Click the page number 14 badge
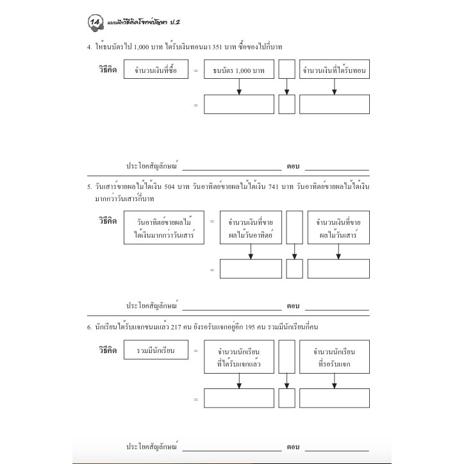coord(95,22)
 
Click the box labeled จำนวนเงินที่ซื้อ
coord(156,69)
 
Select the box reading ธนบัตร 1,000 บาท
coord(239,69)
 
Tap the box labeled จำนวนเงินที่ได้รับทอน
coord(335,69)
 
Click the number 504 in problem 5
coord(169,186)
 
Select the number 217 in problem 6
coord(176,327)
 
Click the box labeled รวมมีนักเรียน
coord(156,350)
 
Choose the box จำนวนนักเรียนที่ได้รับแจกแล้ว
coord(239,356)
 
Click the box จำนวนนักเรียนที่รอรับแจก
coord(335,356)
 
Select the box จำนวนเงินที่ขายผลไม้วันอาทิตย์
coord(251,228)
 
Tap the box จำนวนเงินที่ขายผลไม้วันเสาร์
coord(338,228)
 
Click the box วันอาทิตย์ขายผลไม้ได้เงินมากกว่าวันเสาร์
coord(164,228)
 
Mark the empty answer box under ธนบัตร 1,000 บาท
coord(239,104)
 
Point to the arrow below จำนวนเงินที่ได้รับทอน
coord(335,87)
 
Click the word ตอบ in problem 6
coord(293,447)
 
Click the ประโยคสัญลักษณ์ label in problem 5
coord(152,305)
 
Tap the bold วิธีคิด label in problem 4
coord(108,70)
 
